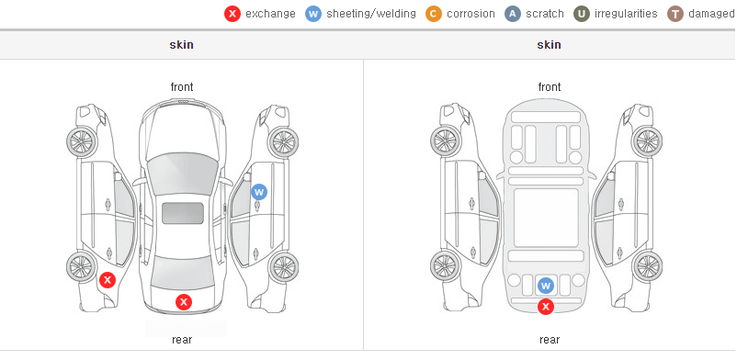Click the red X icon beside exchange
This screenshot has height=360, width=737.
232,14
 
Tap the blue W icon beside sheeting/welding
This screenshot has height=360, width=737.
313,14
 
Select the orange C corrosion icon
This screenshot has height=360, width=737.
434,14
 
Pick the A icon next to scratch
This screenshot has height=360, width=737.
513,14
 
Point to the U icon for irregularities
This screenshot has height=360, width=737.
582,14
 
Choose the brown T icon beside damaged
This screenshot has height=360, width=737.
675,14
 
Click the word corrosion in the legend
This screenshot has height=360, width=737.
471,14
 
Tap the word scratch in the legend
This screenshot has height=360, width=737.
545,14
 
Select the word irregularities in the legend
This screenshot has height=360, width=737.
626,14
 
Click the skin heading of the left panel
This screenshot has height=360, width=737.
181,45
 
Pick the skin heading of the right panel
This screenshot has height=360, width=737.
549,45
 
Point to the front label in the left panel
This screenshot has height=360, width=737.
182,87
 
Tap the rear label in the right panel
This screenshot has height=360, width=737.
550,340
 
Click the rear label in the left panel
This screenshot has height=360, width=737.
182,340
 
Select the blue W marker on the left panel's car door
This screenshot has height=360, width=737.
259,192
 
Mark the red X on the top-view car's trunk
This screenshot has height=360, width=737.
184,302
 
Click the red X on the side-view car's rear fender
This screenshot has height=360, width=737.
108,280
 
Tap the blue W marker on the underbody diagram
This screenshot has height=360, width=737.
545,286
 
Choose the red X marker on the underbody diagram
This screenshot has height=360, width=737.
546,307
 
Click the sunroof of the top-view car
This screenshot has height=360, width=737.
183,213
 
